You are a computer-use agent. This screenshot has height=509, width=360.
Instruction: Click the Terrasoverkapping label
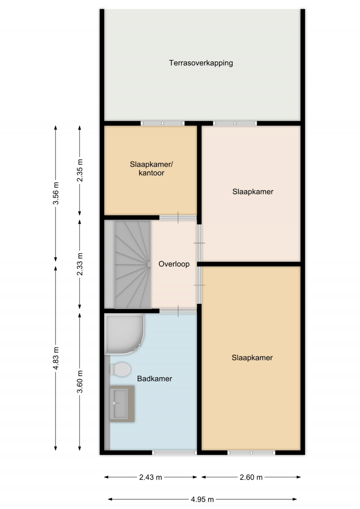pyautogui.click(x=201, y=63)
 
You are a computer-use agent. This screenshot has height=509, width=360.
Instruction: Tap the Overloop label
pyautogui.click(x=174, y=264)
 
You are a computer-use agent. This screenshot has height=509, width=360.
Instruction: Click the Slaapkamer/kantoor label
pyautogui.click(x=152, y=168)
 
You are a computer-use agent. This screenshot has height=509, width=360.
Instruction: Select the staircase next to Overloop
pyautogui.click(x=132, y=264)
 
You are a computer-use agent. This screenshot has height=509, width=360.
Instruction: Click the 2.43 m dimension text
pyautogui.click(x=150, y=477)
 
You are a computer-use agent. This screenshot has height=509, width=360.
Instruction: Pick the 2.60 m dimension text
pyautogui.click(x=251, y=477)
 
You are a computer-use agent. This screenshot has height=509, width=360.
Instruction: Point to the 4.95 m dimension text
pyautogui.click(x=202, y=499)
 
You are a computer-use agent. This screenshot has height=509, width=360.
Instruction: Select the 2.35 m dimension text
pyautogui.click(x=80, y=171)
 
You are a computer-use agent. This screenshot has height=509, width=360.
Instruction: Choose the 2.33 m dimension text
pyautogui.click(x=80, y=264)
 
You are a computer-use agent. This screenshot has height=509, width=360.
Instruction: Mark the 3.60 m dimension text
pyautogui.click(x=80, y=381)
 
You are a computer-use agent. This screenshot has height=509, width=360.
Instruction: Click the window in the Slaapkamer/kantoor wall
pyautogui.click(x=163, y=123)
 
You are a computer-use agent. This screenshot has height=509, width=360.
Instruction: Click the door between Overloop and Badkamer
pyautogui.click(x=178, y=311)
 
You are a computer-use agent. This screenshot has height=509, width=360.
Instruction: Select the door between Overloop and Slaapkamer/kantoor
pyautogui.click(x=178, y=218)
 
